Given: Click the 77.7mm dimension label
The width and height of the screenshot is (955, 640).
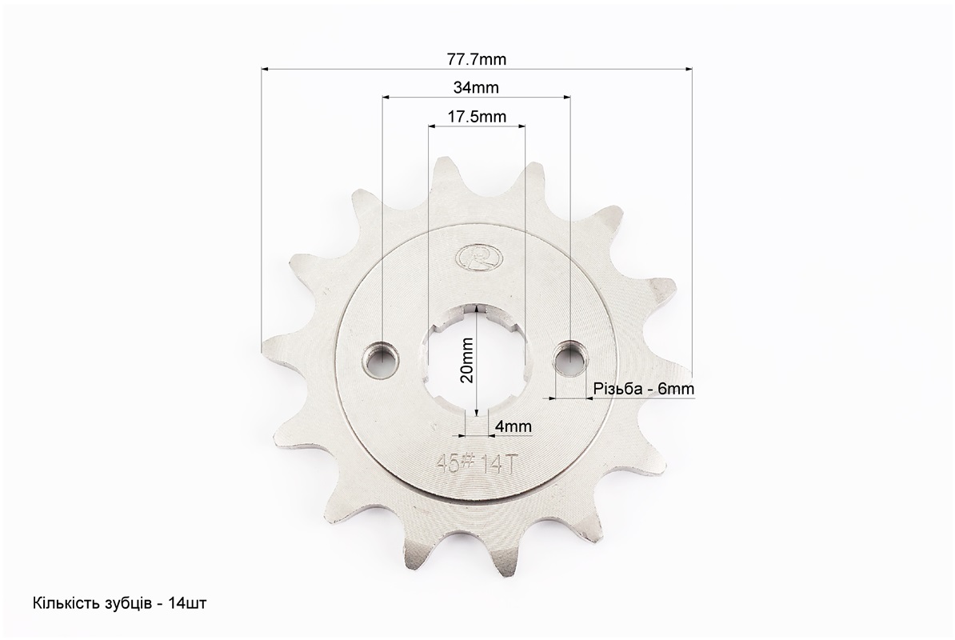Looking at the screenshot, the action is tap(476, 59).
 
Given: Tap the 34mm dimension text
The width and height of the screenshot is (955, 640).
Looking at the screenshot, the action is tap(476, 88).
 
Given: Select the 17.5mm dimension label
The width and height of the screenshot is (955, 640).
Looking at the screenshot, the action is tap(477, 116).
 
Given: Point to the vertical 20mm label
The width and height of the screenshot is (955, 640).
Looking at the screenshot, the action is tap(467, 360).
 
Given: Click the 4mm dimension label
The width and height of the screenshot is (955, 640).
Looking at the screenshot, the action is tap(513, 426).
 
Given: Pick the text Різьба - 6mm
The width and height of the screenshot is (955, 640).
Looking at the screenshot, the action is tap(644, 389).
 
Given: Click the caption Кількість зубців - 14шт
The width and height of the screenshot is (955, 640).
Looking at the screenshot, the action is tap(119, 603).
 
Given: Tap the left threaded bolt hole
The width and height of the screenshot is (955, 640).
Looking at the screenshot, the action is tap(382, 358).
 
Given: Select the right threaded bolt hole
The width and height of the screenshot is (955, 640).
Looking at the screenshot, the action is tap(569, 358).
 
